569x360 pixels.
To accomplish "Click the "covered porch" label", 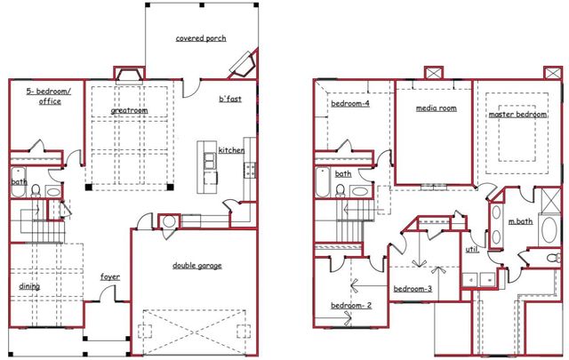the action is (x=201, y=38).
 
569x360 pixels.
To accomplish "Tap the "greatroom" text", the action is (x=129, y=110).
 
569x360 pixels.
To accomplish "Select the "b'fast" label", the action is (x=230, y=99).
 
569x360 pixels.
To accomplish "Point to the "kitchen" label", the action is (x=231, y=150).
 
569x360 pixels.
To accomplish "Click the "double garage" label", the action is (x=197, y=266).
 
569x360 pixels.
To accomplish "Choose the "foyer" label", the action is (x=110, y=277).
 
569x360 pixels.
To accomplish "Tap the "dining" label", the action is (x=29, y=286).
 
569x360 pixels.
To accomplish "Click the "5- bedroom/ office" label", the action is (x=49, y=96).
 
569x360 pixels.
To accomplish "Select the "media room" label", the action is (x=437, y=108).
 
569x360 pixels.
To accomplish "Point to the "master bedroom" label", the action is (x=517, y=115).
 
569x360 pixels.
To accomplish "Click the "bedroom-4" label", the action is (x=350, y=104).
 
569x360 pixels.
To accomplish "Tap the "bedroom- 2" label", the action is (x=351, y=306).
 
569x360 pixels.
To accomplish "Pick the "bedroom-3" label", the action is (x=413, y=289).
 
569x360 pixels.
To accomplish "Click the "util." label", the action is (x=472, y=250).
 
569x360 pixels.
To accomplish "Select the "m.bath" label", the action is (x=520, y=221).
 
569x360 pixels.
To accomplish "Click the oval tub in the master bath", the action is (x=549, y=230).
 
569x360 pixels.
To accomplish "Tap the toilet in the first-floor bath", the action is (x=36, y=190).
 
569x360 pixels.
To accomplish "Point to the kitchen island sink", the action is (x=210, y=161).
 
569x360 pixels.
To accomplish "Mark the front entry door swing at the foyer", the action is (x=108, y=293).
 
